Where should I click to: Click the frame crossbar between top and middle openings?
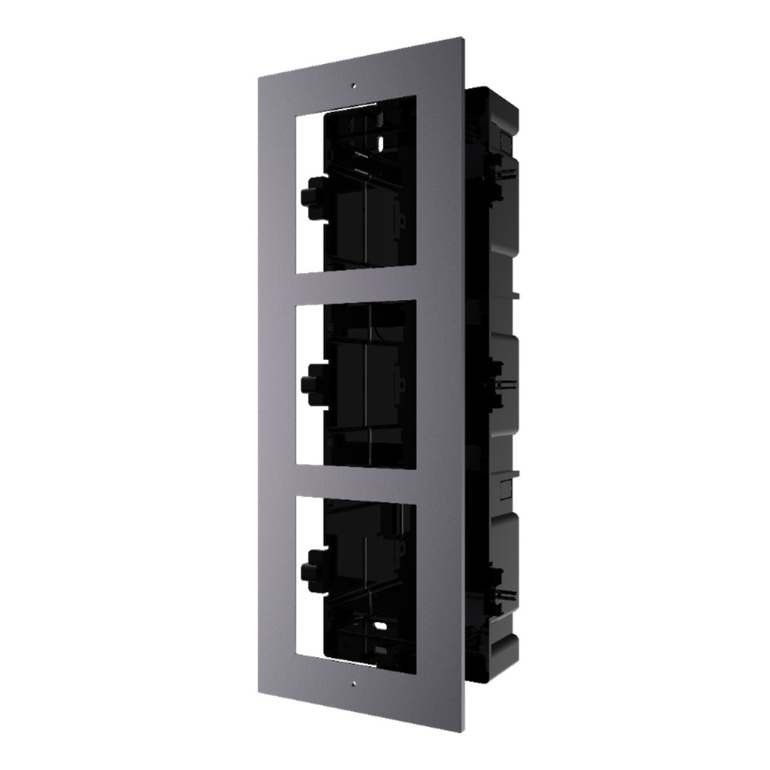coord(357,285)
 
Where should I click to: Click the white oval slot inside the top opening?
coord(380,141)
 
